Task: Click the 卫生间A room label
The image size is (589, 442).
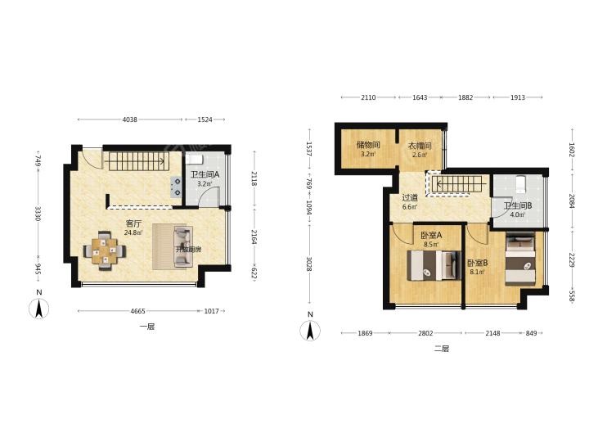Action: (x=205, y=175)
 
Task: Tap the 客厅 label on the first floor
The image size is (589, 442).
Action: (x=133, y=223)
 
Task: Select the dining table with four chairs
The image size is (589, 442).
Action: (x=105, y=250)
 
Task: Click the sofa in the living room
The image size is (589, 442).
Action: (x=183, y=246)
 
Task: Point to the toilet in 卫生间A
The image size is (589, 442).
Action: (x=194, y=160)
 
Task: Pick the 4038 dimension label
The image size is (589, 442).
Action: (x=130, y=120)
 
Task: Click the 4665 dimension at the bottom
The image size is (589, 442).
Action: (x=137, y=311)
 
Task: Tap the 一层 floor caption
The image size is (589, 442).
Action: (x=147, y=327)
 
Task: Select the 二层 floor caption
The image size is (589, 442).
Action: (x=442, y=349)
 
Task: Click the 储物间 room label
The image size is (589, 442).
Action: (x=368, y=146)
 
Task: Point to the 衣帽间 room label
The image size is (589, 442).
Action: (x=420, y=146)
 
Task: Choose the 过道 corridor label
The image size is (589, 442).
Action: (x=410, y=198)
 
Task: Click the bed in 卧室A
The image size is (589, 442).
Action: (x=434, y=265)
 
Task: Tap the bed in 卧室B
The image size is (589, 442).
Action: (x=520, y=259)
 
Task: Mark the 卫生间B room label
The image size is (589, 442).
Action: (x=518, y=206)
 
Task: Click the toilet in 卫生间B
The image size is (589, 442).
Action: (x=521, y=184)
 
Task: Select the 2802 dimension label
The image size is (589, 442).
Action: (x=425, y=333)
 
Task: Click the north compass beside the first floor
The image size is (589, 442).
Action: (x=38, y=309)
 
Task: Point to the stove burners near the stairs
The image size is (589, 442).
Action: (x=175, y=187)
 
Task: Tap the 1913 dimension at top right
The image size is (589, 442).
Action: (x=517, y=97)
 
